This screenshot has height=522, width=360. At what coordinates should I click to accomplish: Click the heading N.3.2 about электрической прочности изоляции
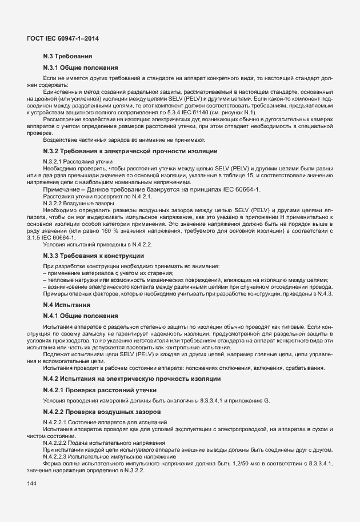click(x=130, y=151)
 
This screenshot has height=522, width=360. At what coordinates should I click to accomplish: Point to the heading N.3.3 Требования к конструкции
click(x=94, y=256)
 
